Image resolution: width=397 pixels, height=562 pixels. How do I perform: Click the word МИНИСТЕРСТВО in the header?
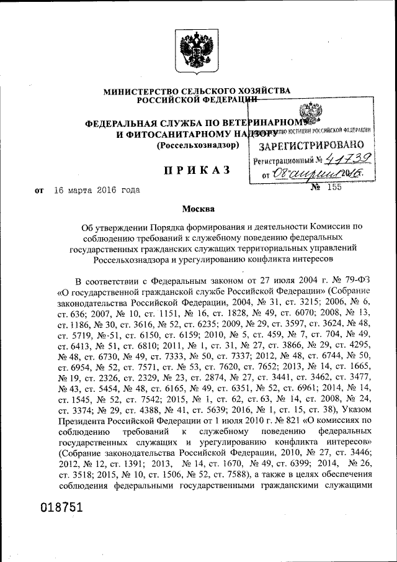point(138,91)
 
